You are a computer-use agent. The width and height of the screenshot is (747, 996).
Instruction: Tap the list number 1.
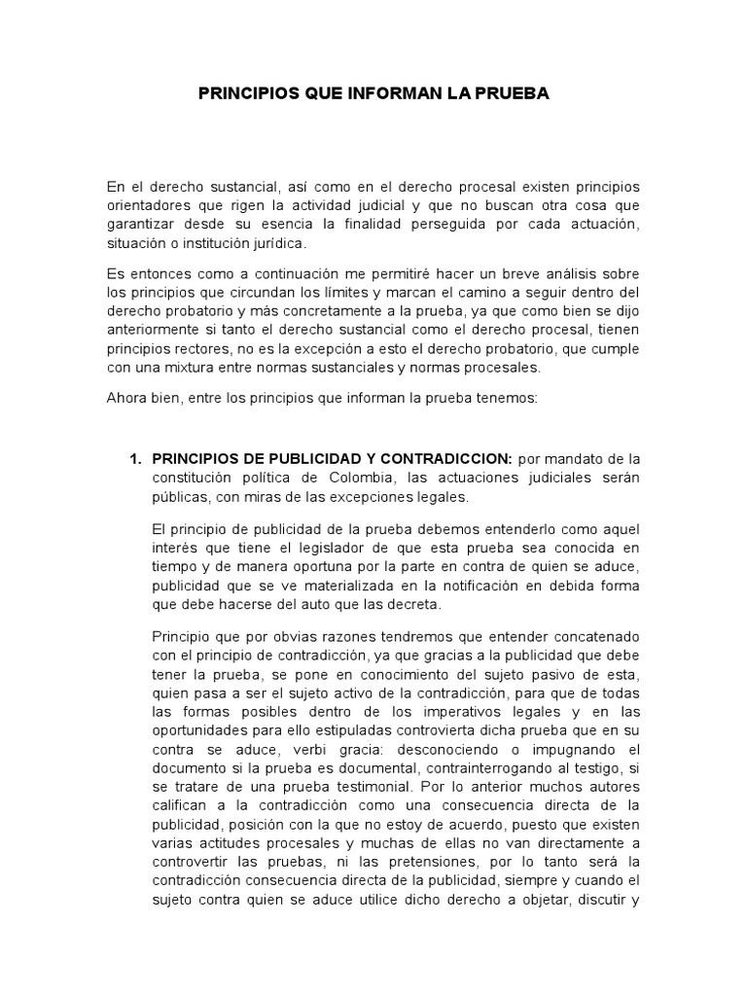pos(135,459)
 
